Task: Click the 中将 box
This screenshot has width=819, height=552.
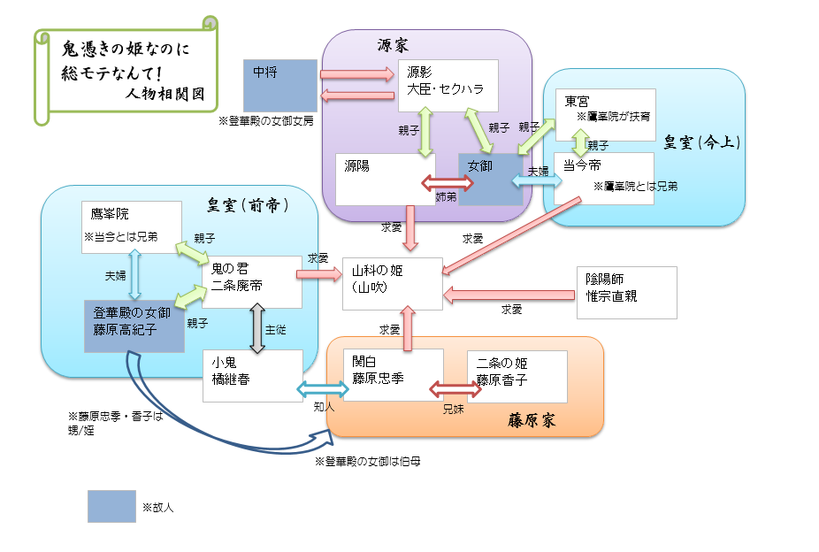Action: [x=280, y=86]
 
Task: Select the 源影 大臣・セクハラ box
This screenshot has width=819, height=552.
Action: [x=448, y=86]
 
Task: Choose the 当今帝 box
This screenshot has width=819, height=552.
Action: [x=604, y=178]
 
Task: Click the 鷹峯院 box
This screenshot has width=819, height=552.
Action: [x=131, y=226]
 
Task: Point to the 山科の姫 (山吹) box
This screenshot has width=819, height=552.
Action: [x=393, y=284]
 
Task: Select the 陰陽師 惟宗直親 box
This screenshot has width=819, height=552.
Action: [x=626, y=292]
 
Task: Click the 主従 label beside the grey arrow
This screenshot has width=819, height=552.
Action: [x=275, y=329]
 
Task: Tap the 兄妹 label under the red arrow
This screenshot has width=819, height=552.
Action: [x=454, y=410]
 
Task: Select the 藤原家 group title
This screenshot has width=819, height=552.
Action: [x=532, y=420]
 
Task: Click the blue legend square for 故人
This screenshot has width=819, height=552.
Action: [x=111, y=507]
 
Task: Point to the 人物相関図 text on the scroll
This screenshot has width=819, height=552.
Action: [x=164, y=92]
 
